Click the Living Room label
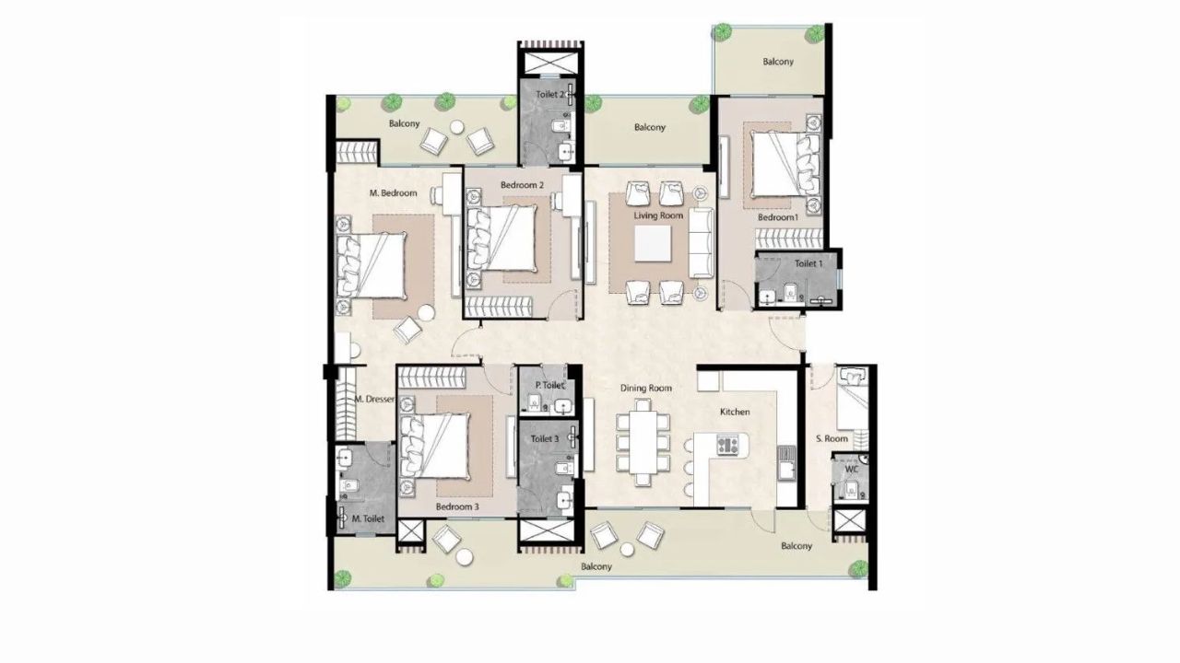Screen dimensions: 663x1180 tap(658, 215)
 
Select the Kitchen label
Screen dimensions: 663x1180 tap(735, 412)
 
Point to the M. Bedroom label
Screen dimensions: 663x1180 tap(393, 193)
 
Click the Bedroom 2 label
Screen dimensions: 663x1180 tap(522, 185)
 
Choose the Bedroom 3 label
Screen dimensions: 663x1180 tap(457, 506)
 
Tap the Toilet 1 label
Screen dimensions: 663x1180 tap(808, 263)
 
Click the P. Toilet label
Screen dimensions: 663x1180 tap(549, 386)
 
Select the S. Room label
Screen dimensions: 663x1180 tap(832, 439)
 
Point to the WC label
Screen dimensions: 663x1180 tap(852, 469)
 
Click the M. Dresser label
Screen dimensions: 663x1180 tap(374, 400)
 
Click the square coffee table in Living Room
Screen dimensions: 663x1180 tap(653, 243)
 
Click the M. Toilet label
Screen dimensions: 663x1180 tap(368, 519)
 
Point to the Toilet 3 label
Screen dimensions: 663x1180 tap(544, 439)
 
